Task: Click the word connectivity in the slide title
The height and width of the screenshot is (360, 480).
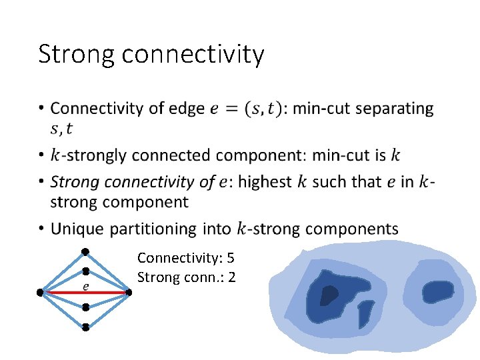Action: (193, 54)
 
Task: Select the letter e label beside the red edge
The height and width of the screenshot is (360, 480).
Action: (86, 286)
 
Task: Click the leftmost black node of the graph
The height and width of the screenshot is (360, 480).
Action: (41, 292)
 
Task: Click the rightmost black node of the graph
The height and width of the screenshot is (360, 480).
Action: (129, 291)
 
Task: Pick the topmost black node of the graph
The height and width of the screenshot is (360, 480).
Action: (85, 251)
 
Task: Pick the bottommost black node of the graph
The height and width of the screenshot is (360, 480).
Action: (85, 327)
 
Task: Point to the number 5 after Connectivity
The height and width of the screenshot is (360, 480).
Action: (231, 257)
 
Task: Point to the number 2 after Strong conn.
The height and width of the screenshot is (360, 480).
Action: (231, 276)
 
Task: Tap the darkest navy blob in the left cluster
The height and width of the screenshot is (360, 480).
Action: (329, 294)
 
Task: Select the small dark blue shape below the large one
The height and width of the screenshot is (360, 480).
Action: (364, 314)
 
